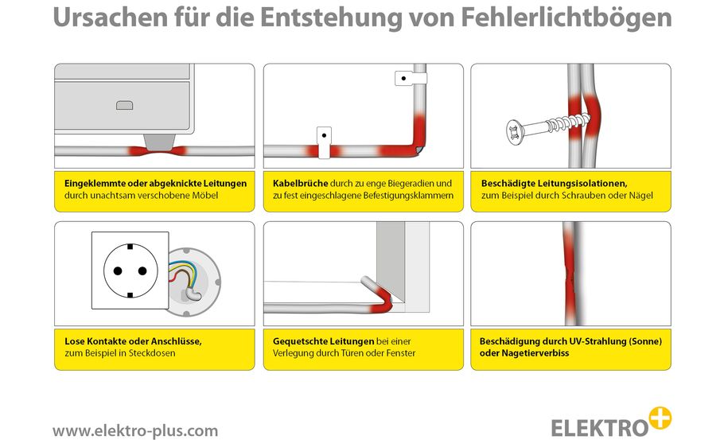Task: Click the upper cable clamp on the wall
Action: [409, 79]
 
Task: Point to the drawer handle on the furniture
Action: [123, 104]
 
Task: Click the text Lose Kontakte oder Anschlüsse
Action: [133, 341]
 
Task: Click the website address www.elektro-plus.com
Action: [135, 430]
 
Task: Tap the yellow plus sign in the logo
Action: [660, 418]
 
